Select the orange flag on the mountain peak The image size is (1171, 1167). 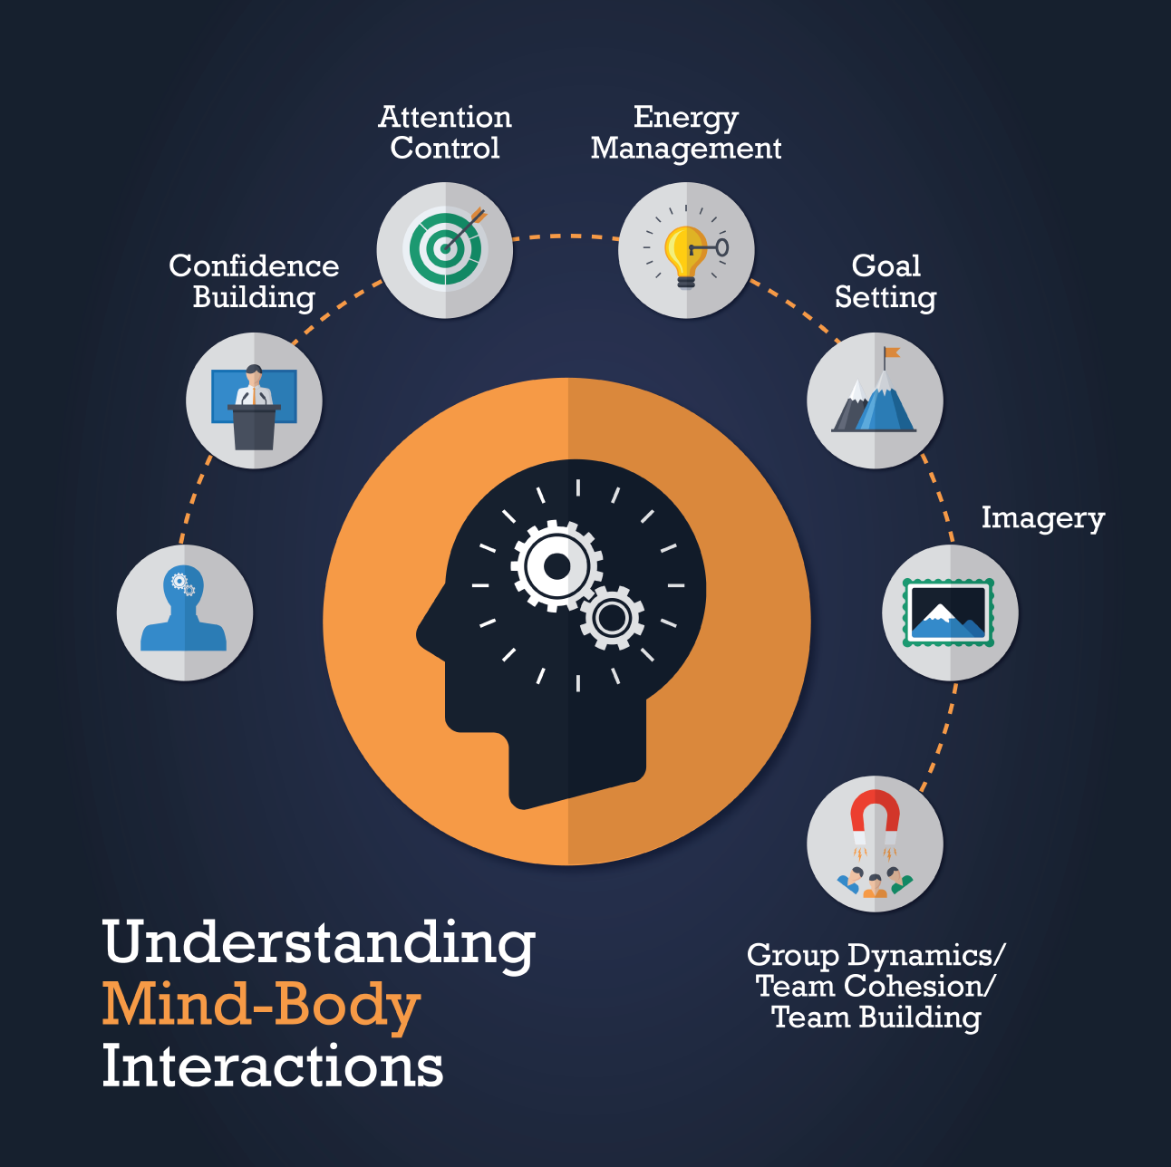coord(892,353)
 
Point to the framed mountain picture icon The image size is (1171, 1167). coord(948,612)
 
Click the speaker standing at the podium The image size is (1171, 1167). coord(254,385)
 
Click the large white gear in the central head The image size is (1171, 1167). coord(556,565)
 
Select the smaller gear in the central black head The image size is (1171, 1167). coord(611,618)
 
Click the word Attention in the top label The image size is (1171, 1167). coord(445,117)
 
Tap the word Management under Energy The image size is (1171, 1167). coord(686,149)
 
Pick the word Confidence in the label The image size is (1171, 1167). coord(254,266)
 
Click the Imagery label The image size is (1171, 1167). coord(1043,519)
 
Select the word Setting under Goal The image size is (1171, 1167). coord(886,298)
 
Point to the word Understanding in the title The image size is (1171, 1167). coord(319,942)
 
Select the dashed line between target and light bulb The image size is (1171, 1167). coord(566,236)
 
